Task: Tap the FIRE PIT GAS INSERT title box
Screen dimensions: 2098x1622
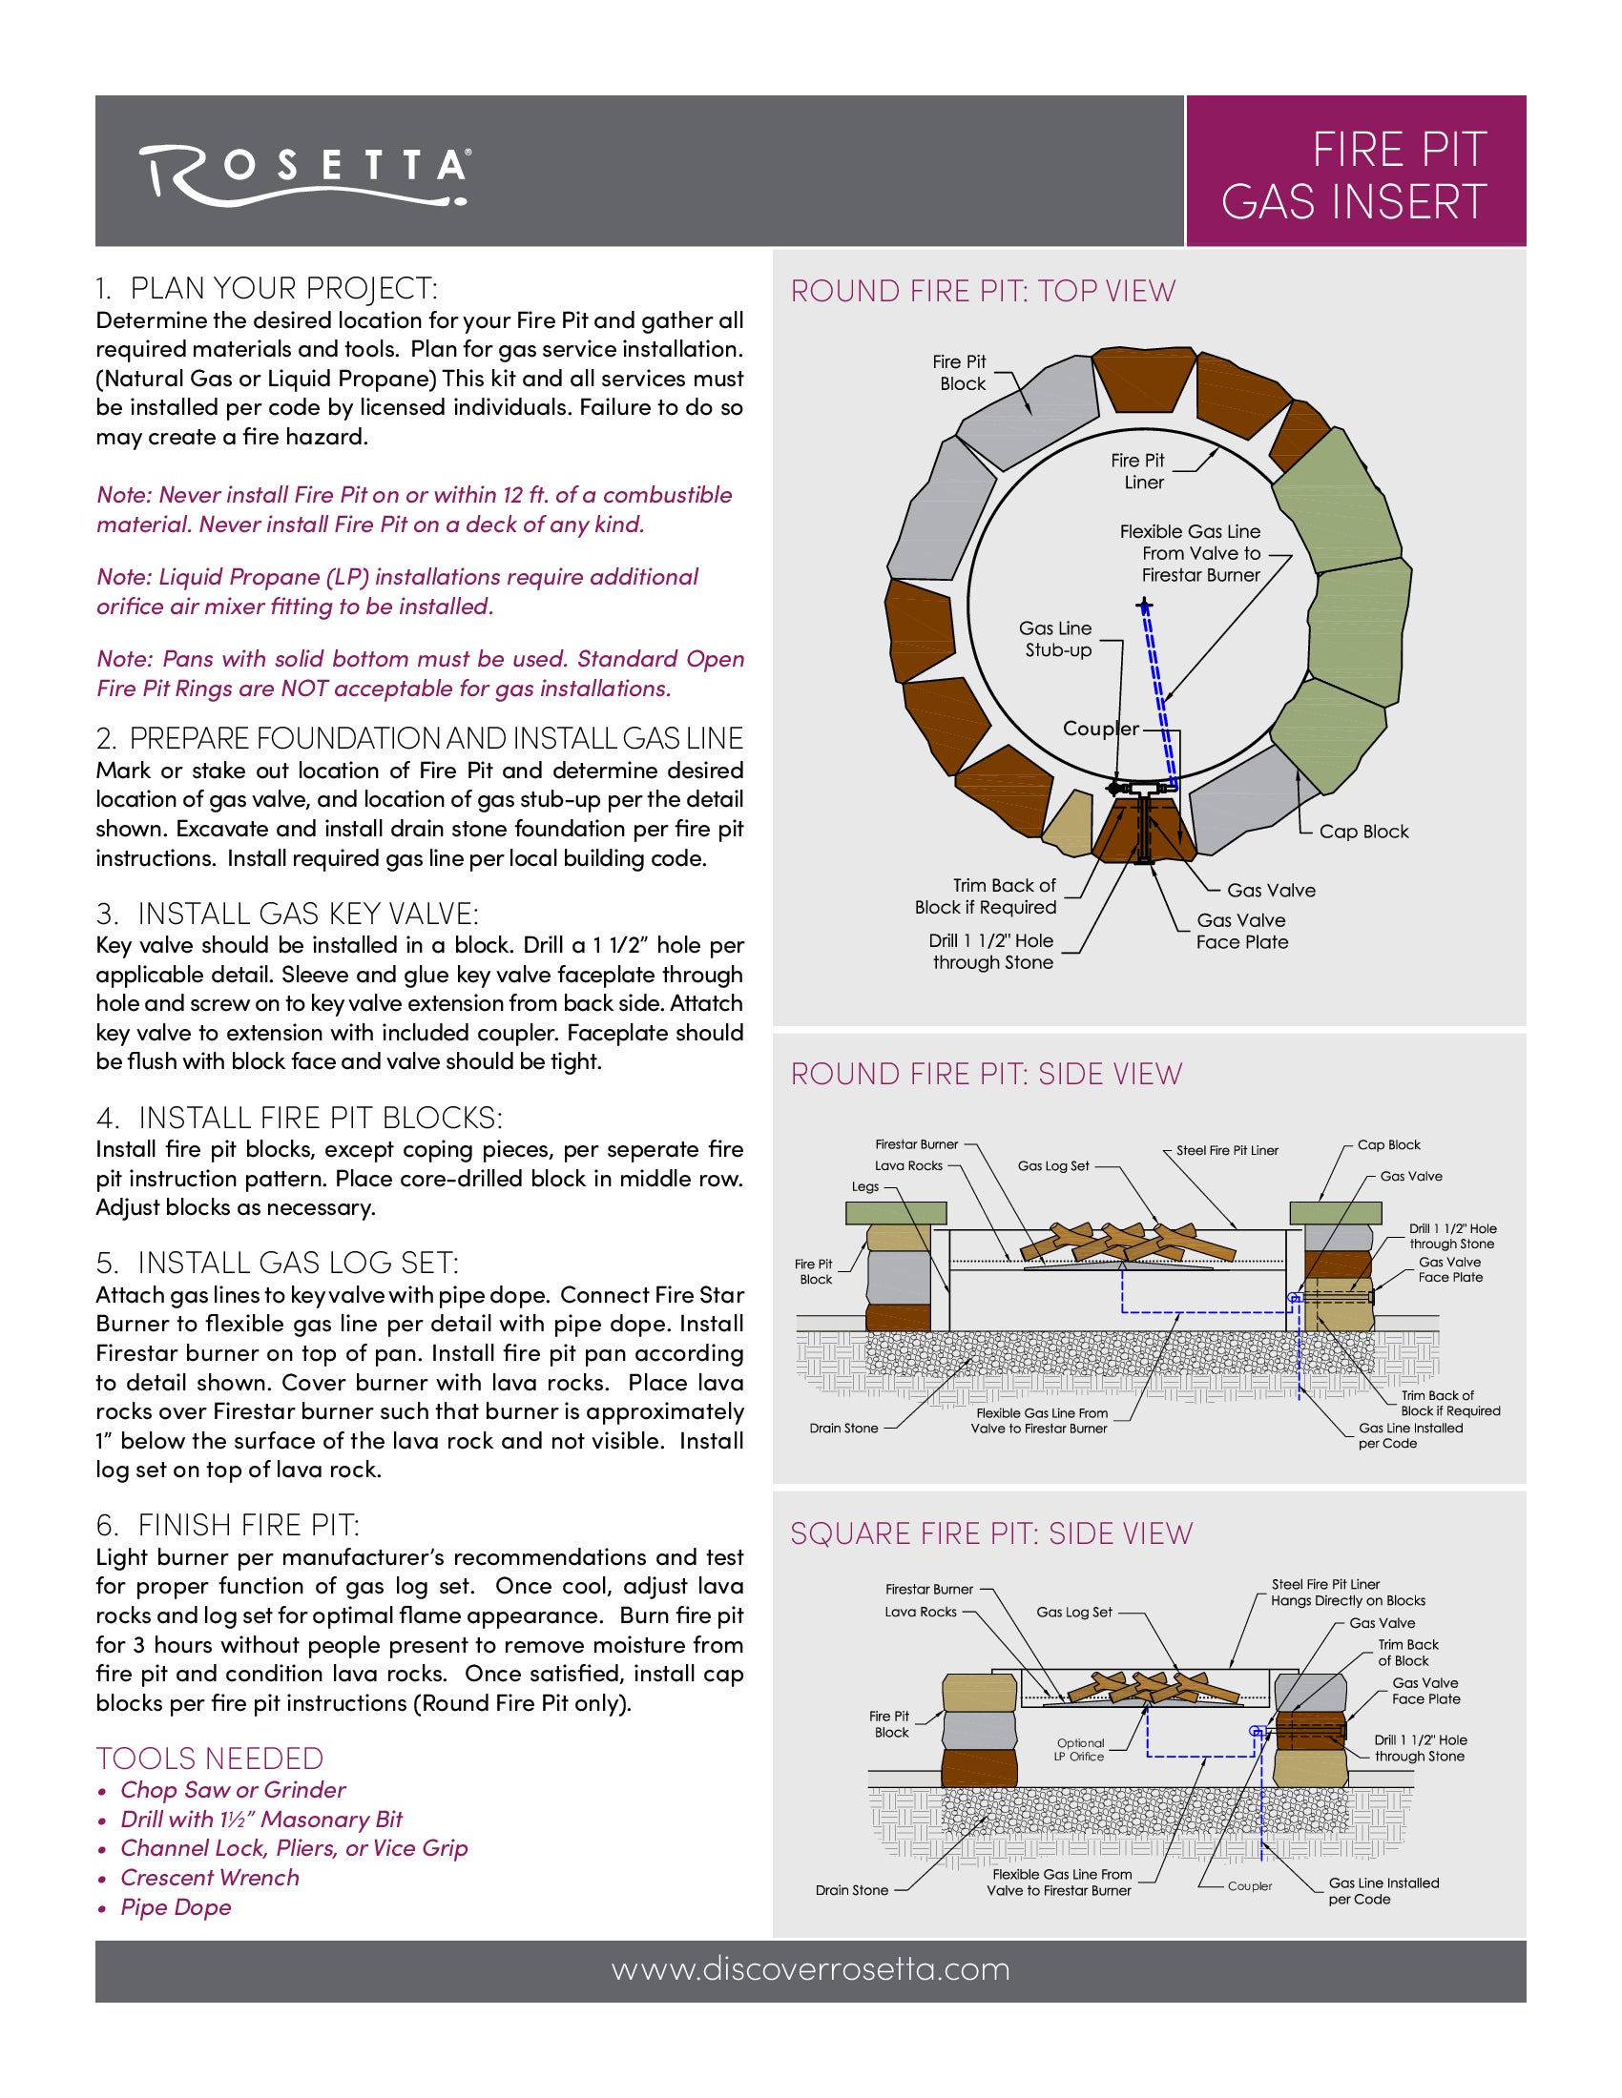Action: pos(1355,175)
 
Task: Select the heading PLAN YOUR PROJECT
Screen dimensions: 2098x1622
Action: pos(267,288)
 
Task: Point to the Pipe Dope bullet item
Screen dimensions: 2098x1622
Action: pos(175,1907)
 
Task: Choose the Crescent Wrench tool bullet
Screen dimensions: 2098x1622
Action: pos(209,1877)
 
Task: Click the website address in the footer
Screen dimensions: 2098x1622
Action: pos(810,1969)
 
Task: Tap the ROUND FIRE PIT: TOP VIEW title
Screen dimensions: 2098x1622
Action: pos(982,291)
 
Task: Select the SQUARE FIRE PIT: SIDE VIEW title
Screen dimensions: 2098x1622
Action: pos(990,1533)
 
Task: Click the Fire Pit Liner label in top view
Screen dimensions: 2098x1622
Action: pos(1138,472)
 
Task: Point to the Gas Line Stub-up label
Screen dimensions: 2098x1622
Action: pos(1056,639)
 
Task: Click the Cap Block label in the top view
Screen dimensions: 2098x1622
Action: pos(1362,832)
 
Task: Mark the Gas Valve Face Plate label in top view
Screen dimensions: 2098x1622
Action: pos(1241,931)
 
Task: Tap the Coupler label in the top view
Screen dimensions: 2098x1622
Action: pos(1100,730)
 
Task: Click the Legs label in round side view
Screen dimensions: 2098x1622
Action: pos(864,1186)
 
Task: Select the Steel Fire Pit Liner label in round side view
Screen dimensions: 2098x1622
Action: pos(1227,1150)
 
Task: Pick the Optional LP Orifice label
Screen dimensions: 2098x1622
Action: pos(1080,1749)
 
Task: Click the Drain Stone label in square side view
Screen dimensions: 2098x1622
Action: pos(851,1889)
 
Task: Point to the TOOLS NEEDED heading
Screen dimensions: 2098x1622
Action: pos(210,1758)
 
